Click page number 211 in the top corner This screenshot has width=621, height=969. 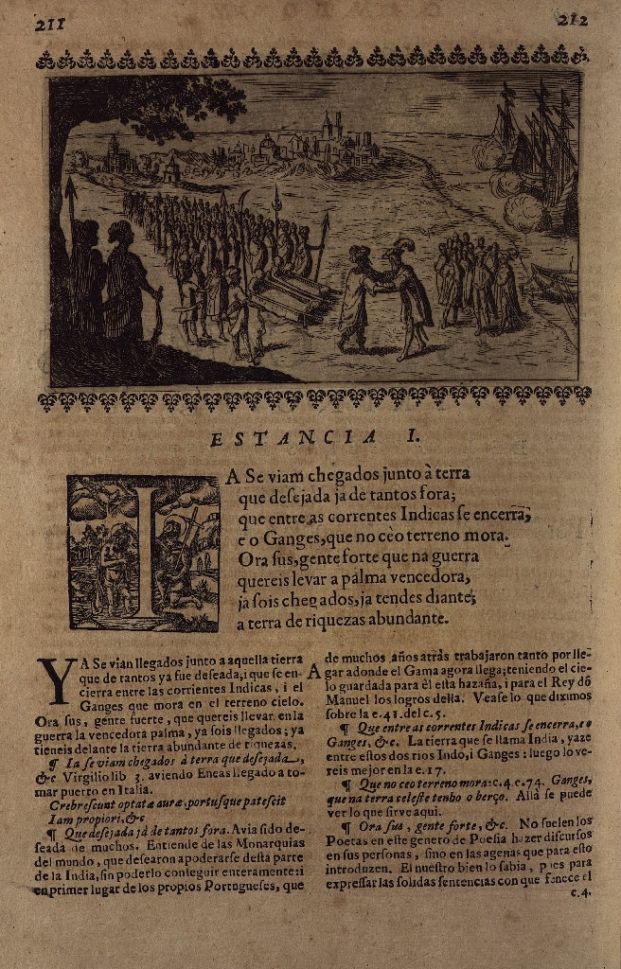pos(48,24)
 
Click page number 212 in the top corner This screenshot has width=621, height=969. pos(574,20)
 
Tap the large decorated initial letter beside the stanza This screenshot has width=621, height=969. pos(143,553)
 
